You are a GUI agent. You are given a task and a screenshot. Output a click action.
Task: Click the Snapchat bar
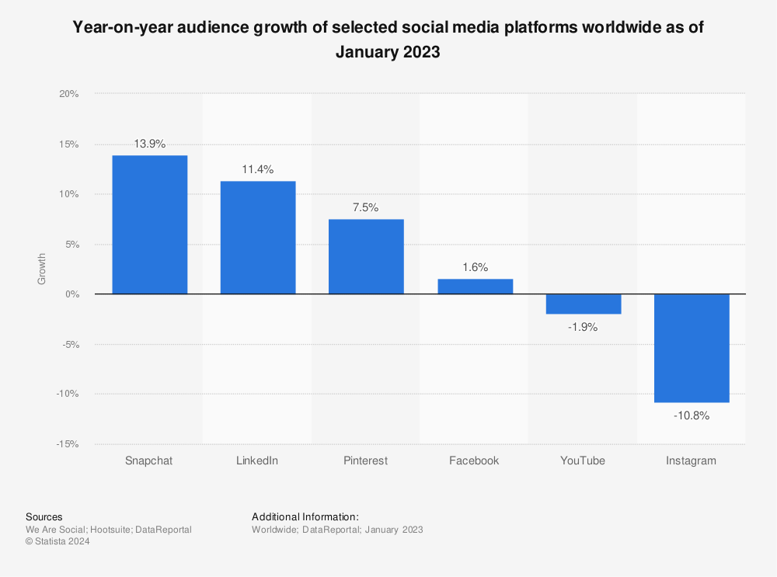149,224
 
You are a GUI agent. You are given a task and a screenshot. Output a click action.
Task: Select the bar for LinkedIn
257,238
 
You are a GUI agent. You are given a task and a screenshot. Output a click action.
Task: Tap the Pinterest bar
366,256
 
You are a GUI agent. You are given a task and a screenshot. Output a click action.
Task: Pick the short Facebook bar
474,286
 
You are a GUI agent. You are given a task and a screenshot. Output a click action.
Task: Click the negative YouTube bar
583,304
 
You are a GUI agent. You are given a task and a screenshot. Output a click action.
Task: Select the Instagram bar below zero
691,348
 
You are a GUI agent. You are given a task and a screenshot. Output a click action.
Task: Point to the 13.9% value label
149,144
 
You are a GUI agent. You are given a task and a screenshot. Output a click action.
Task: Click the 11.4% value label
257,169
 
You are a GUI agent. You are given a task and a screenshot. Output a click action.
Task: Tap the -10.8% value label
691,415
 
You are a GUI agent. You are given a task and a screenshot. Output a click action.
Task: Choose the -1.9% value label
583,327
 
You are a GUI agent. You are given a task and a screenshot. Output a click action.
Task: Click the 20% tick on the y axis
69,94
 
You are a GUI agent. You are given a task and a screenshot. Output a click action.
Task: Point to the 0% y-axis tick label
71,294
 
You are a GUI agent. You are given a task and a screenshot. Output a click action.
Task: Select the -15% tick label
68,444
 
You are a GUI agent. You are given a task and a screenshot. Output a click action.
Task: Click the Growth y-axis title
42,269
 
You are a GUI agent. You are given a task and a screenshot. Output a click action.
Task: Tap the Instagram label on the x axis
691,461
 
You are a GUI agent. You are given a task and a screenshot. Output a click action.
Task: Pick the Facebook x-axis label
474,461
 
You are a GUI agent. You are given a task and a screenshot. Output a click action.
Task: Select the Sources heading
44,516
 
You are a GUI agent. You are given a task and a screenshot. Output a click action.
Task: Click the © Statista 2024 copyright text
57,542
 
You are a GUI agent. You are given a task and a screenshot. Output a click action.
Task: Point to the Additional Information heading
305,516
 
